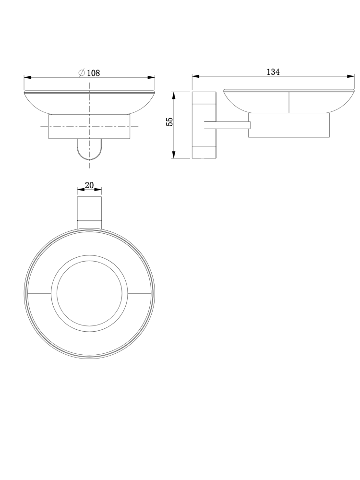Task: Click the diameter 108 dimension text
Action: (x=93, y=73)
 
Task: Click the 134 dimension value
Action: (x=273, y=72)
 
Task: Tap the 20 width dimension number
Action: (x=89, y=185)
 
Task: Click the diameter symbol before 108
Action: (x=82, y=73)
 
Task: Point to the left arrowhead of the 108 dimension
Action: (x=27, y=77)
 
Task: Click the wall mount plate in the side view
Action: (x=204, y=125)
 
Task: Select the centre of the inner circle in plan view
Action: (x=90, y=293)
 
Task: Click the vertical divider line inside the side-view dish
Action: (x=288, y=102)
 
